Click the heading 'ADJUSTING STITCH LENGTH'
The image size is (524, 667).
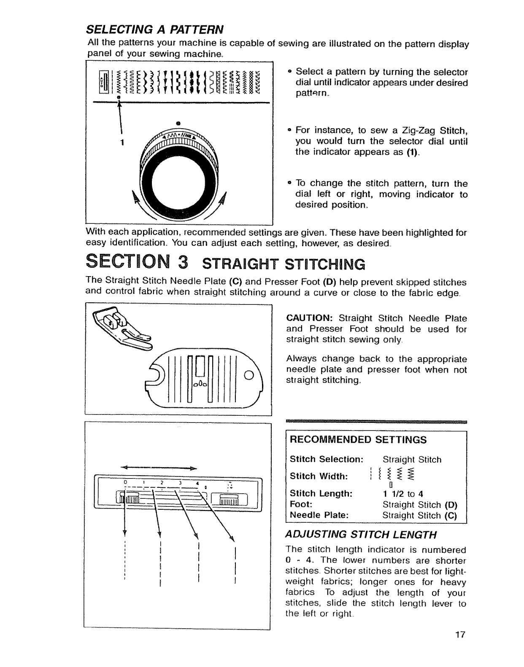tap(361, 535)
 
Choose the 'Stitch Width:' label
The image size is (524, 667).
tap(319, 476)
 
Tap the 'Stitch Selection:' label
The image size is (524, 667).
tap(327, 459)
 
